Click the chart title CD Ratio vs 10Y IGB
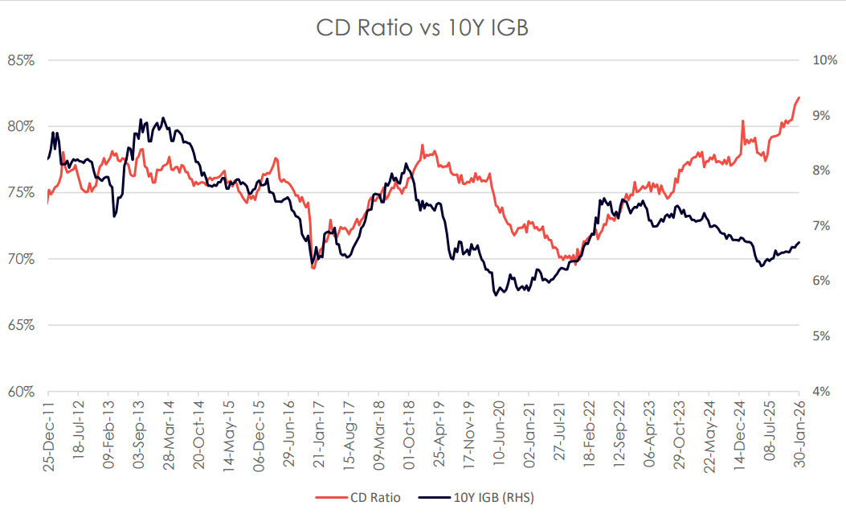423,27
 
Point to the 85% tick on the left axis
22,60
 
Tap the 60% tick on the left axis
22,392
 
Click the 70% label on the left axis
22,259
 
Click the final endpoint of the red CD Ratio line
799,97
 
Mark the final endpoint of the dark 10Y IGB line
799,243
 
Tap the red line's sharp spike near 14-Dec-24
742,121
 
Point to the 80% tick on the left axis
22,126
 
